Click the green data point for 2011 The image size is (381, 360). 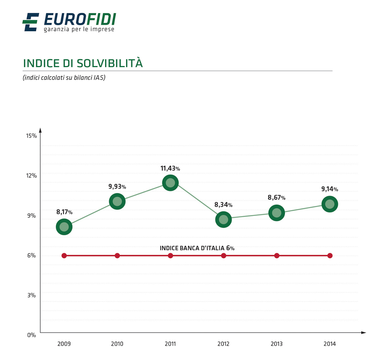[x=170, y=183]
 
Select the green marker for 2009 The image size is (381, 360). [x=64, y=227]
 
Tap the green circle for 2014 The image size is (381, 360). [x=330, y=204]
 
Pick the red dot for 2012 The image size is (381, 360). [x=224, y=256]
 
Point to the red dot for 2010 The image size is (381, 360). [x=117, y=256]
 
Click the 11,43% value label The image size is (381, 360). [x=170, y=168]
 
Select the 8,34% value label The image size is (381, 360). [x=223, y=205]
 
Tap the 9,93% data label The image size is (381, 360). [x=117, y=186]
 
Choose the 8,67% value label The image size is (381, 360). [x=276, y=198]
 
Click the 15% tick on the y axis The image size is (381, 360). [x=32, y=135]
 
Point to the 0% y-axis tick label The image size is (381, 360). [x=32, y=335]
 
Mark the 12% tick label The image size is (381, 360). [x=32, y=175]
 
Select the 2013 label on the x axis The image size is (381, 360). [x=277, y=344]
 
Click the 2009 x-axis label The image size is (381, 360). [x=64, y=344]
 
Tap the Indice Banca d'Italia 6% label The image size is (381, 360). [x=197, y=248]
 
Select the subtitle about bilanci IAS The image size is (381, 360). [x=64, y=78]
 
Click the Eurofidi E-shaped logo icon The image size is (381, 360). [x=30, y=22]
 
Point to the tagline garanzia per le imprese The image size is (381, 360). [x=79, y=29]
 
